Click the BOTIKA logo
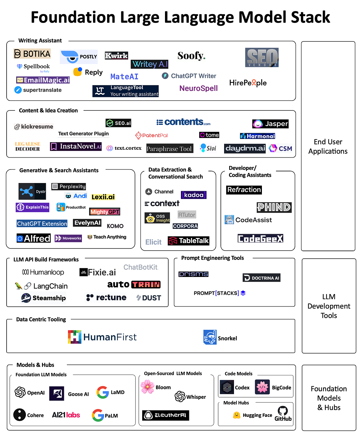[x=32, y=54]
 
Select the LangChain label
[x=50, y=286]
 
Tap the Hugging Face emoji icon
[x=237, y=415]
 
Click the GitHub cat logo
[x=283, y=411]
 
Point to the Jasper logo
[x=270, y=124]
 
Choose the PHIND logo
[x=274, y=207]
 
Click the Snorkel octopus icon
[x=210, y=337]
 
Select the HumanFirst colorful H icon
[x=74, y=337]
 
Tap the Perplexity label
[x=72, y=186]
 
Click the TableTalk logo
[x=189, y=241]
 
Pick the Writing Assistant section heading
[x=40, y=41]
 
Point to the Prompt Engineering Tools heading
[x=212, y=258]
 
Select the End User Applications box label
[x=328, y=146]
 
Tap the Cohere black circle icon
[x=19, y=415]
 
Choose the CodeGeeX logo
[x=260, y=239]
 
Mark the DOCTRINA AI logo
[x=262, y=278]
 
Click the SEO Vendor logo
[x=262, y=57]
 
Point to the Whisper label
[x=196, y=397]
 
